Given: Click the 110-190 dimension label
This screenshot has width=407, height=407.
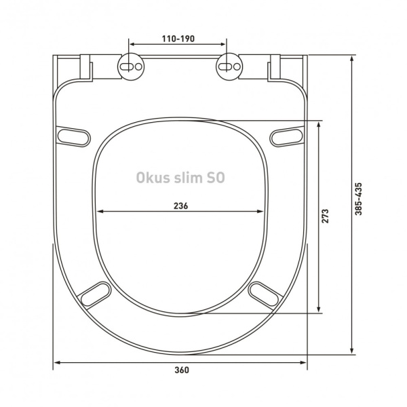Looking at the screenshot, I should click(x=178, y=39).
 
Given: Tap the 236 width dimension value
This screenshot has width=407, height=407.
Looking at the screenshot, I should click(x=179, y=206).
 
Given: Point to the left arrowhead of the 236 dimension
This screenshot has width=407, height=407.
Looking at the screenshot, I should click(x=101, y=212).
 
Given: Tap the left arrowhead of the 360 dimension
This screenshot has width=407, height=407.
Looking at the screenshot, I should click(x=58, y=363).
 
